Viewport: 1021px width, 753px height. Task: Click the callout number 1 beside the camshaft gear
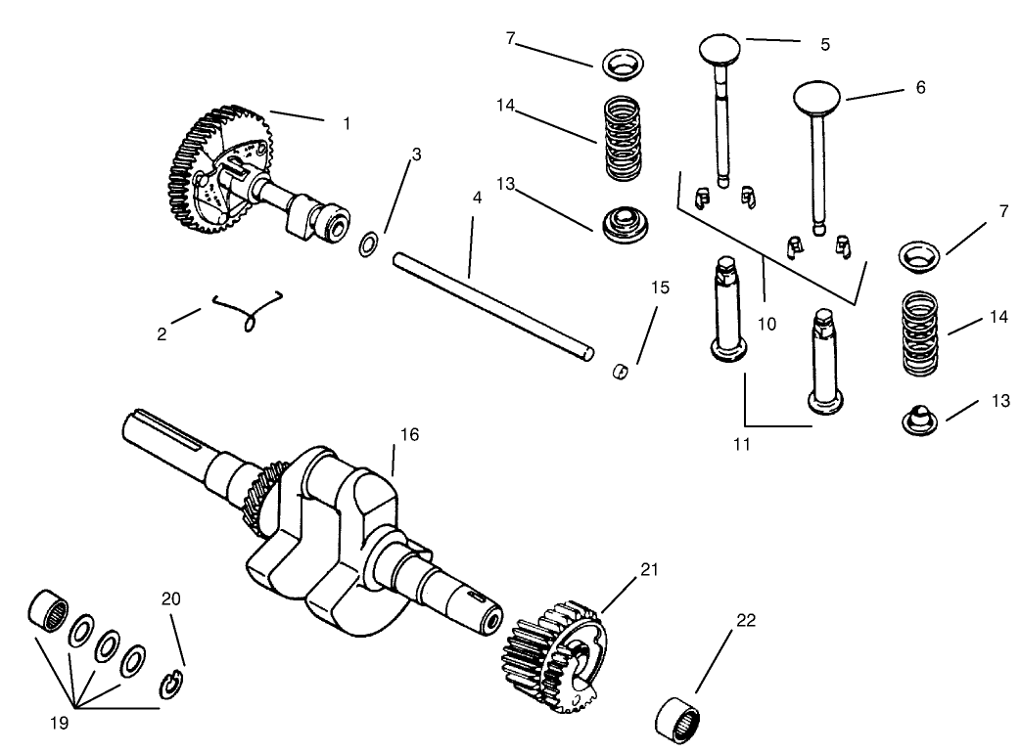(x=346, y=124)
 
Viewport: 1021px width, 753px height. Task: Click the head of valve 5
(x=723, y=49)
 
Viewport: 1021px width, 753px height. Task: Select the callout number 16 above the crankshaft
(x=409, y=434)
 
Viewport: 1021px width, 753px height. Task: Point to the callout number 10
(x=766, y=323)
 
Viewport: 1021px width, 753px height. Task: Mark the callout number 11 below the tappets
(x=741, y=443)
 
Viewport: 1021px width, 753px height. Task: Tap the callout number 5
(x=824, y=44)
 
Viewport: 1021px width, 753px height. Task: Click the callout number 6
(x=919, y=87)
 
